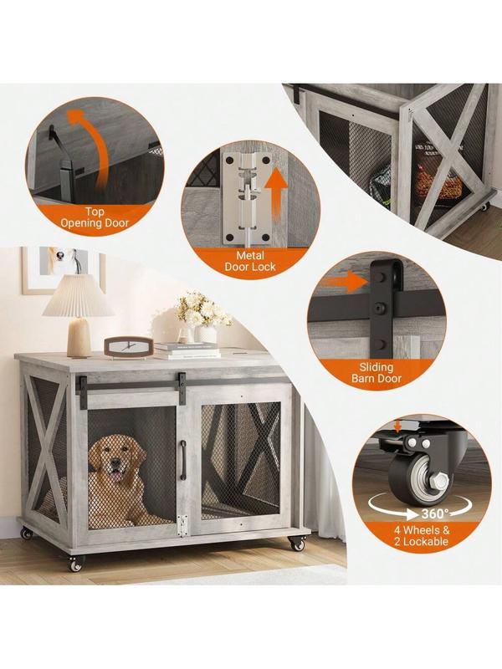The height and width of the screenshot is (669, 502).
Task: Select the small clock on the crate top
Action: pos(129,347)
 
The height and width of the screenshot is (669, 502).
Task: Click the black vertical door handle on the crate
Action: pos(183,461)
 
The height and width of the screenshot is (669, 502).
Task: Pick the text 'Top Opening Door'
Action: pos(95,217)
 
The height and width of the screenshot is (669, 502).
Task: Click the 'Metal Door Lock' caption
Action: pos(250,261)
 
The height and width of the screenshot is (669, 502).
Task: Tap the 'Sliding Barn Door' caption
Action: pos(376,372)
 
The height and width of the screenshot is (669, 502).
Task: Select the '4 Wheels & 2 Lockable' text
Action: pos(422,536)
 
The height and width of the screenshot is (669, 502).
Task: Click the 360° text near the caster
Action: pos(435,513)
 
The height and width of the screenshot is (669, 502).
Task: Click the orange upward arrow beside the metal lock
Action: pos(275,195)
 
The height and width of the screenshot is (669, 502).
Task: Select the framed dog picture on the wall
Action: pos(64,270)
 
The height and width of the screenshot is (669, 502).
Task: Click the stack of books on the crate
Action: pos(187,350)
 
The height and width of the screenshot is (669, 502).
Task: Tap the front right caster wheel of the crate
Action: pos(297,543)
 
